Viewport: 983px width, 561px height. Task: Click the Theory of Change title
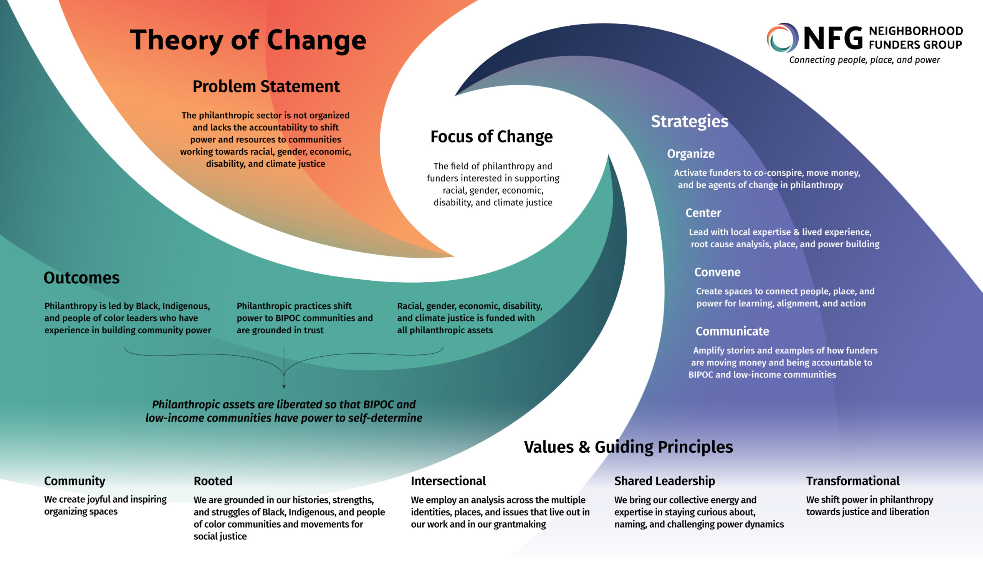pos(248,40)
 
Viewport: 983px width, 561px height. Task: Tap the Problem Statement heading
pos(266,86)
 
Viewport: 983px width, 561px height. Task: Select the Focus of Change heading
pos(491,137)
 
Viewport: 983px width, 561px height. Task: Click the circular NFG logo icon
pos(782,38)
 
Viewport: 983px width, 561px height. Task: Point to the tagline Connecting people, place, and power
pos(864,60)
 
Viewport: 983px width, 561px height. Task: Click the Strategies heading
pos(689,121)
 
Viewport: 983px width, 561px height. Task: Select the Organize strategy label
pos(690,154)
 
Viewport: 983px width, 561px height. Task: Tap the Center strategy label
pos(703,213)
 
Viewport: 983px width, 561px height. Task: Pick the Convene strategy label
pos(717,272)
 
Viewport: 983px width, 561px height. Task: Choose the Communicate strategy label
pos(732,331)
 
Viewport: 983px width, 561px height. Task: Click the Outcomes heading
pos(81,278)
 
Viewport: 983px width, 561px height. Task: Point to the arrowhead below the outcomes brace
pos(284,386)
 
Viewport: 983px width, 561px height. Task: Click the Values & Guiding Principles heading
pos(628,447)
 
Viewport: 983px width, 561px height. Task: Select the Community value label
pos(74,481)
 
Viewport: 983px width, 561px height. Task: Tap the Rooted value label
pos(213,481)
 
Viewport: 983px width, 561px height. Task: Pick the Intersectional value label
pos(448,481)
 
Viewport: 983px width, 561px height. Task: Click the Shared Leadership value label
pos(664,481)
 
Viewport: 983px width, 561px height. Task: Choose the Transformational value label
pos(852,481)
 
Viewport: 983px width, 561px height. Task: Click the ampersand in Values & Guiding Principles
pos(584,447)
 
